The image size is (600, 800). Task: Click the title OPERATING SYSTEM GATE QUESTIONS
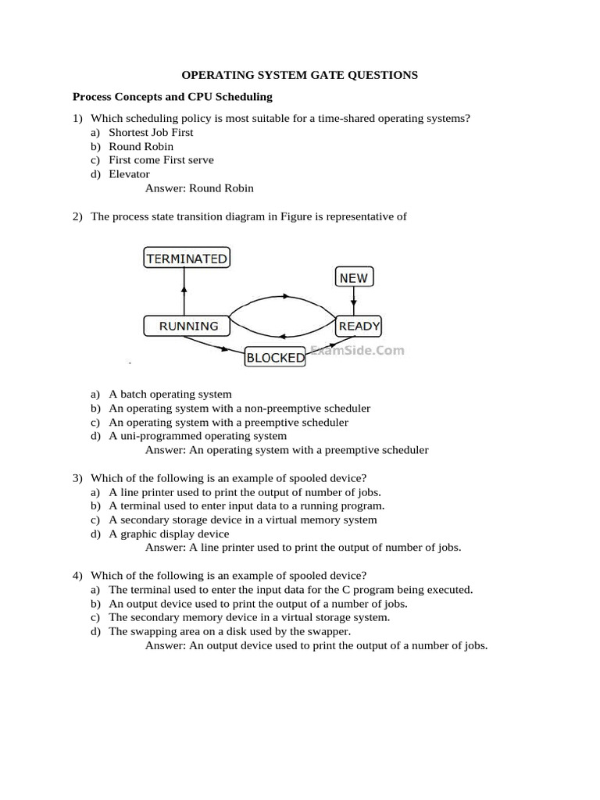[x=300, y=75]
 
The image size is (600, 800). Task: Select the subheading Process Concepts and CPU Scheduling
[x=172, y=97]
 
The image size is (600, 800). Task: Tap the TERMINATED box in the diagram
[x=187, y=259]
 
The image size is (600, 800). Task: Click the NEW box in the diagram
[x=354, y=277]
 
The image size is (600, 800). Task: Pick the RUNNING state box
[x=187, y=326]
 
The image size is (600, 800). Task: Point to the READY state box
[x=358, y=326]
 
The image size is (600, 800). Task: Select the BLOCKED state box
[x=275, y=358]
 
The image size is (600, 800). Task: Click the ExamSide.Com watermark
[x=357, y=351]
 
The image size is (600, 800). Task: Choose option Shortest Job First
[x=151, y=133]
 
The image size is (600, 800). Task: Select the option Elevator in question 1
[x=129, y=174]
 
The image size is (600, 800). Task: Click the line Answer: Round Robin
[x=199, y=188]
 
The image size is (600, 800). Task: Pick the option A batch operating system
[x=170, y=394]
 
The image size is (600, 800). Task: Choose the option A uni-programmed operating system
[x=198, y=436]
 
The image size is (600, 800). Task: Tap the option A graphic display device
[x=169, y=534]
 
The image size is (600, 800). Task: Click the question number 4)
[x=77, y=576]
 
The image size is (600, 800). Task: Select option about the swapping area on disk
[x=230, y=631]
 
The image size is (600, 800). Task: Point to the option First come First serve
[x=161, y=160]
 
